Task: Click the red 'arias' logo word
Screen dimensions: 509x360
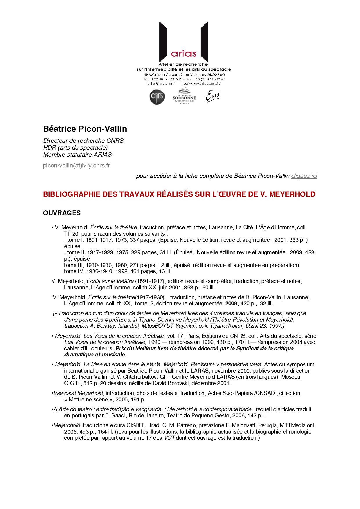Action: [183, 54]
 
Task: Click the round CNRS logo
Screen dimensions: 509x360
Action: [157, 97]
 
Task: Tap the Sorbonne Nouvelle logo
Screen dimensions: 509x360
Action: [184, 97]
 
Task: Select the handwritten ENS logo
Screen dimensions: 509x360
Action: [213, 96]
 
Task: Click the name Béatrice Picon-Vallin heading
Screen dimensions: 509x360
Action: [85, 129]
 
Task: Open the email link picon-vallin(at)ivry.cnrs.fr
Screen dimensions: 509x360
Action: [77, 165]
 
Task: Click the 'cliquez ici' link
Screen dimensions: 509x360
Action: [304, 176]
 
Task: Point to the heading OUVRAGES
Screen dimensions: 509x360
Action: [62, 213]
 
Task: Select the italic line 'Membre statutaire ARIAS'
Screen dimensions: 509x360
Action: [78, 155]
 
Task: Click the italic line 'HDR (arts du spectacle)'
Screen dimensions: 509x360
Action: [75, 148]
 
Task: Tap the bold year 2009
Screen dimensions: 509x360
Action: [231, 304]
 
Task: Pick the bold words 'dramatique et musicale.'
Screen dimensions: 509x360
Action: [95, 355]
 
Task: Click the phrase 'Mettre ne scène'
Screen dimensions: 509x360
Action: [89, 400]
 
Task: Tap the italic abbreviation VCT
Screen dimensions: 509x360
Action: [170, 438]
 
